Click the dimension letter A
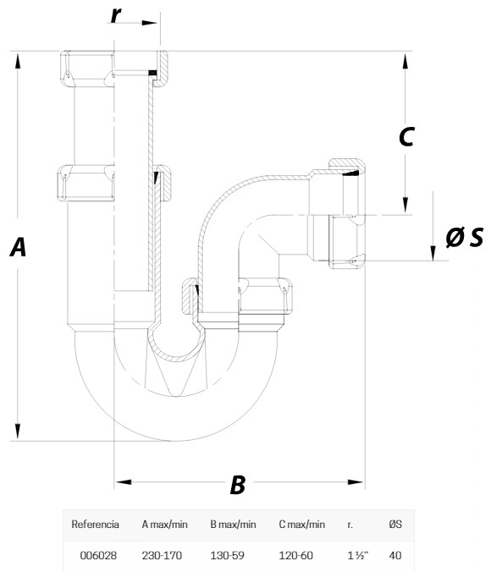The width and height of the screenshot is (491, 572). pyautogui.click(x=18, y=247)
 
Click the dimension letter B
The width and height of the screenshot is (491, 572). pyautogui.click(x=238, y=485)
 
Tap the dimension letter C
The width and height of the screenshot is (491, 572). pyautogui.click(x=406, y=137)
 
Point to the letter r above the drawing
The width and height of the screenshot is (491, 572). pyautogui.click(x=115, y=15)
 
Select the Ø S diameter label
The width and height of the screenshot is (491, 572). pyautogui.click(x=465, y=237)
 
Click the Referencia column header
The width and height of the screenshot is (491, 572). pyautogui.click(x=96, y=525)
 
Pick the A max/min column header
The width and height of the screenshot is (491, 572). pyautogui.click(x=164, y=525)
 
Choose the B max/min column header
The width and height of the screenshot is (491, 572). pyautogui.click(x=233, y=525)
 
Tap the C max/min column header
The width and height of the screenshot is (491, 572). pyautogui.click(x=301, y=525)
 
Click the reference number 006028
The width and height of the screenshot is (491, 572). pyautogui.click(x=98, y=555)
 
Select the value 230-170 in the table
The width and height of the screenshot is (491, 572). pyautogui.click(x=162, y=555)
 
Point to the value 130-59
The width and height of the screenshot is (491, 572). pyautogui.click(x=227, y=555)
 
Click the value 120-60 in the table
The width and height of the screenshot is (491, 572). pyautogui.click(x=295, y=555)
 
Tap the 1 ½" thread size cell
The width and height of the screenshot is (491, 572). pyautogui.click(x=358, y=555)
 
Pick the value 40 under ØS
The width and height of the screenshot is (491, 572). pyautogui.click(x=395, y=555)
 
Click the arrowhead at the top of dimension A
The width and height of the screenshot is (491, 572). pyautogui.click(x=18, y=60)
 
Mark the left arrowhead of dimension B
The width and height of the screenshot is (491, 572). pyautogui.click(x=124, y=482)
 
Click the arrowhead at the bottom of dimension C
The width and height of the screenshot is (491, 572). pyautogui.click(x=405, y=205)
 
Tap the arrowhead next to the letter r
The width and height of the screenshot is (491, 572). pyautogui.click(x=149, y=23)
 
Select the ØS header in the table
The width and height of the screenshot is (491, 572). pyautogui.click(x=395, y=525)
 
